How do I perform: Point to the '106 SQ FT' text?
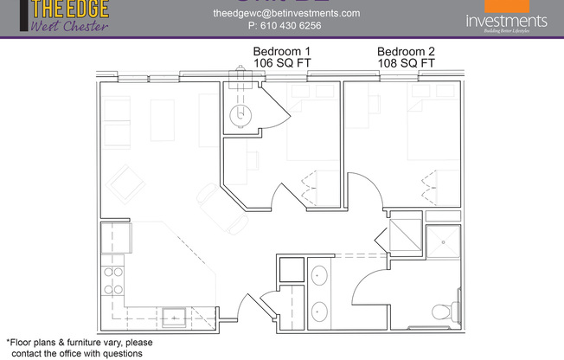tap(281, 64)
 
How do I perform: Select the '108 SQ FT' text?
tap(406, 64)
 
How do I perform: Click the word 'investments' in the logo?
tap(506, 21)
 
